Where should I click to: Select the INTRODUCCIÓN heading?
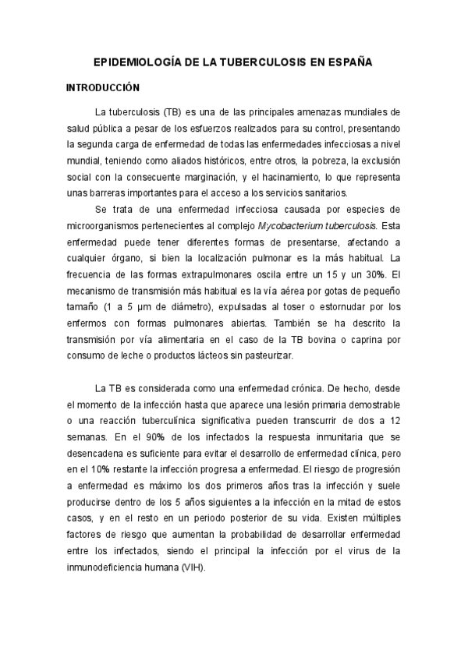[102, 88]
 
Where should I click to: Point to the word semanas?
[87, 437]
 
